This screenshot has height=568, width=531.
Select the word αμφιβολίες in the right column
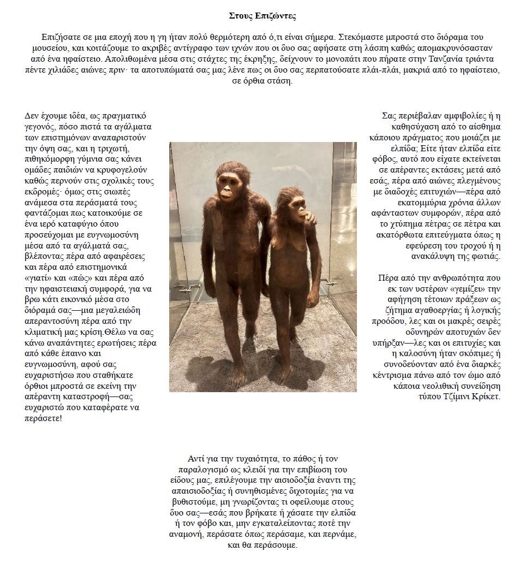tap(449, 116)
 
